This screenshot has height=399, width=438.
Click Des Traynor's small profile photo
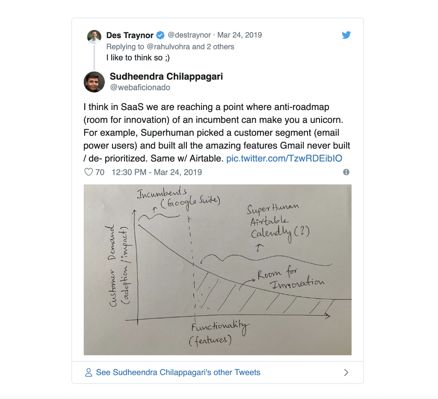point(94,36)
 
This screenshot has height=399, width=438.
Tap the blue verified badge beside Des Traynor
point(160,35)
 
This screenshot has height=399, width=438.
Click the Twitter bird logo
point(346,35)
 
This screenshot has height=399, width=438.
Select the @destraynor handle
point(189,35)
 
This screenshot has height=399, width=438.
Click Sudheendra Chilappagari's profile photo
point(94,82)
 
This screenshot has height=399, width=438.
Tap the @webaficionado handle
point(140,87)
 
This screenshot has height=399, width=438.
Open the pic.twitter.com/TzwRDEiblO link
point(284,158)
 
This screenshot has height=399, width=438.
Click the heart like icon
point(89,172)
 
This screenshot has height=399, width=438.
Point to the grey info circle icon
point(346,172)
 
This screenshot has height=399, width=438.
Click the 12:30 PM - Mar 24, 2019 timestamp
point(157,172)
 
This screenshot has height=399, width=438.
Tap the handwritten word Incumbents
point(162,192)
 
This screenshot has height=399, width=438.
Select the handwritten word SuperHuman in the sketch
point(272,208)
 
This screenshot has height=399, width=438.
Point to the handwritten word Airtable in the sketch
point(269,221)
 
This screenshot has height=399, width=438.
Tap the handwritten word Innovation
point(298,283)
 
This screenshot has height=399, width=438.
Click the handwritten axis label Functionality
point(220,327)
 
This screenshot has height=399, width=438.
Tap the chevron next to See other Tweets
point(346,372)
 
